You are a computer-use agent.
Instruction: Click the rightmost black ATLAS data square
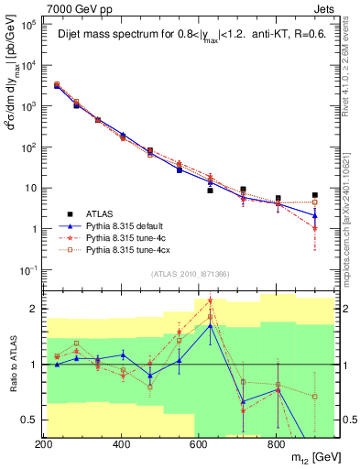pos(314,195)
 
